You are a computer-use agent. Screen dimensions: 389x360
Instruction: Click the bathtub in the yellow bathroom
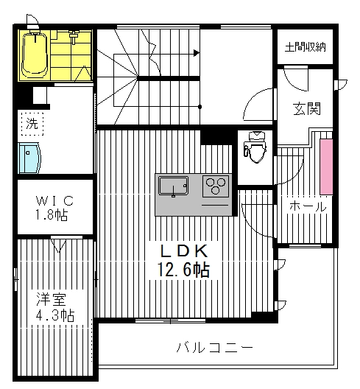click(34, 55)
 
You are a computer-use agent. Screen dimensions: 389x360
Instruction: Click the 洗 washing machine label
click(32, 123)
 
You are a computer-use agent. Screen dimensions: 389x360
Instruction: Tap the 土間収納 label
click(306, 47)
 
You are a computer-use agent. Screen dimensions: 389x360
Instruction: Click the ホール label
click(307, 206)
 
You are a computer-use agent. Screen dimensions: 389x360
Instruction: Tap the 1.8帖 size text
click(55, 217)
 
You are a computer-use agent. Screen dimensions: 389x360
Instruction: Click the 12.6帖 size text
click(183, 270)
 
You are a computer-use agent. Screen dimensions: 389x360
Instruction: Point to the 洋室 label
click(52, 299)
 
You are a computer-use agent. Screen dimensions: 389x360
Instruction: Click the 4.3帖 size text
click(55, 315)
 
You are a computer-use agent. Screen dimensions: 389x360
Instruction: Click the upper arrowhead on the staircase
click(197, 52)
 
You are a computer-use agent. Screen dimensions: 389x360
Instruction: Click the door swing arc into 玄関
click(258, 103)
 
